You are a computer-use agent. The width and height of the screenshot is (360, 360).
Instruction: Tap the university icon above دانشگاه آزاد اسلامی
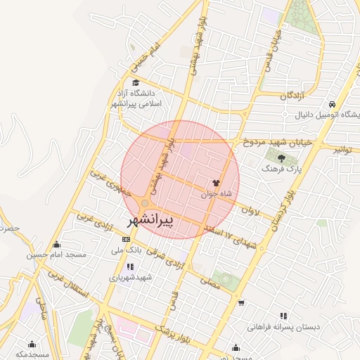[x=135, y=83]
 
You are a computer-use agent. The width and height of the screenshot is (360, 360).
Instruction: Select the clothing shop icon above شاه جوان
[x=214, y=182]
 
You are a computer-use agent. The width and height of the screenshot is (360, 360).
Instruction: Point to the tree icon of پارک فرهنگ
[x=282, y=157]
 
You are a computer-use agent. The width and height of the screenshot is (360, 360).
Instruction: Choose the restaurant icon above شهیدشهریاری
[x=130, y=266]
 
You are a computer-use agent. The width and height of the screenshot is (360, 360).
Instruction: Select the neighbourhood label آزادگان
[x=293, y=95]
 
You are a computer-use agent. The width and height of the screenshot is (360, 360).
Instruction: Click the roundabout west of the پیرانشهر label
[x=144, y=205]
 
